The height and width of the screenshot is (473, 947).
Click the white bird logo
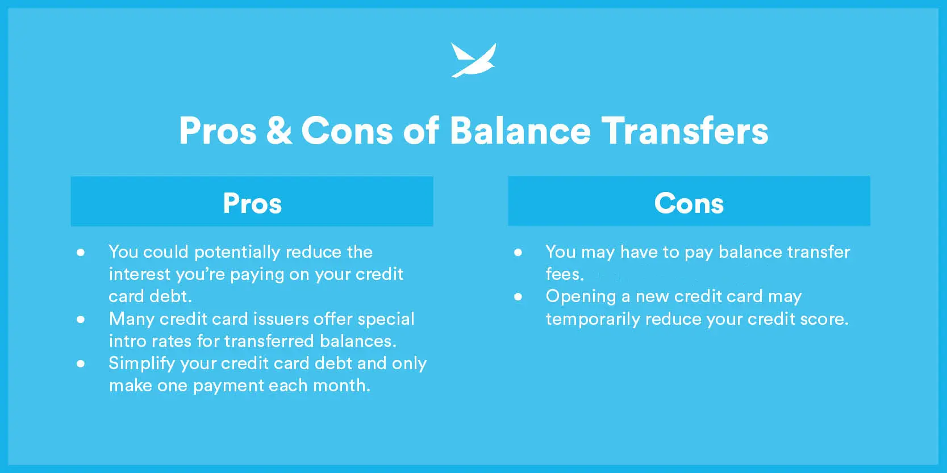[474, 60]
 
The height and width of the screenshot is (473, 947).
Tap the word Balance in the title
[520, 131]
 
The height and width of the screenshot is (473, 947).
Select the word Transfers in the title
[685, 131]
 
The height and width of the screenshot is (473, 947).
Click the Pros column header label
[252, 203]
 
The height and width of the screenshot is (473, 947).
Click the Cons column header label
[689, 203]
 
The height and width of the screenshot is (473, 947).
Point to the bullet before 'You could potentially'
[80, 253]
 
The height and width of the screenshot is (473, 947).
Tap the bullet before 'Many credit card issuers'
[80, 320]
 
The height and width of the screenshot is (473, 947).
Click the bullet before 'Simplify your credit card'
[80, 364]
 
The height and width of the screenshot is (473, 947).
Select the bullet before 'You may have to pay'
[518, 253]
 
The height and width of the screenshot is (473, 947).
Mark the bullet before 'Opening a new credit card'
[518, 297]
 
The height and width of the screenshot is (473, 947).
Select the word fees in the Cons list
[565, 274]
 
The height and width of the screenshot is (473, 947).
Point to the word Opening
[581, 297]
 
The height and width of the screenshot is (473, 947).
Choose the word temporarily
[593, 320]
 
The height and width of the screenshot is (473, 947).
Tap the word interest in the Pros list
[140, 274]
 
